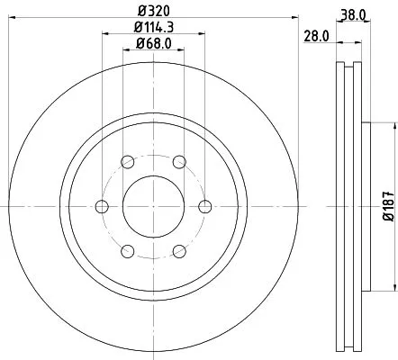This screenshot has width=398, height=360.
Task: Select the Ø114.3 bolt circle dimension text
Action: [153, 29]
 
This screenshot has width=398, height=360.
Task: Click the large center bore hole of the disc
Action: [152, 205]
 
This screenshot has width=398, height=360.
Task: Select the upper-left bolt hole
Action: [127, 162]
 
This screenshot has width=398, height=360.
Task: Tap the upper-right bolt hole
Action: [179, 162]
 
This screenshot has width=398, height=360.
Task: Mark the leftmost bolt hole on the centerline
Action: [101, 205]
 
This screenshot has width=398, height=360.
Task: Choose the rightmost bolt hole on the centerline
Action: [204, 205]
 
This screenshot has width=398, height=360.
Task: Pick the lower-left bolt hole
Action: [127, 249]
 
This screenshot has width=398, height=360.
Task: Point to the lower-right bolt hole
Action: [179, 249]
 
